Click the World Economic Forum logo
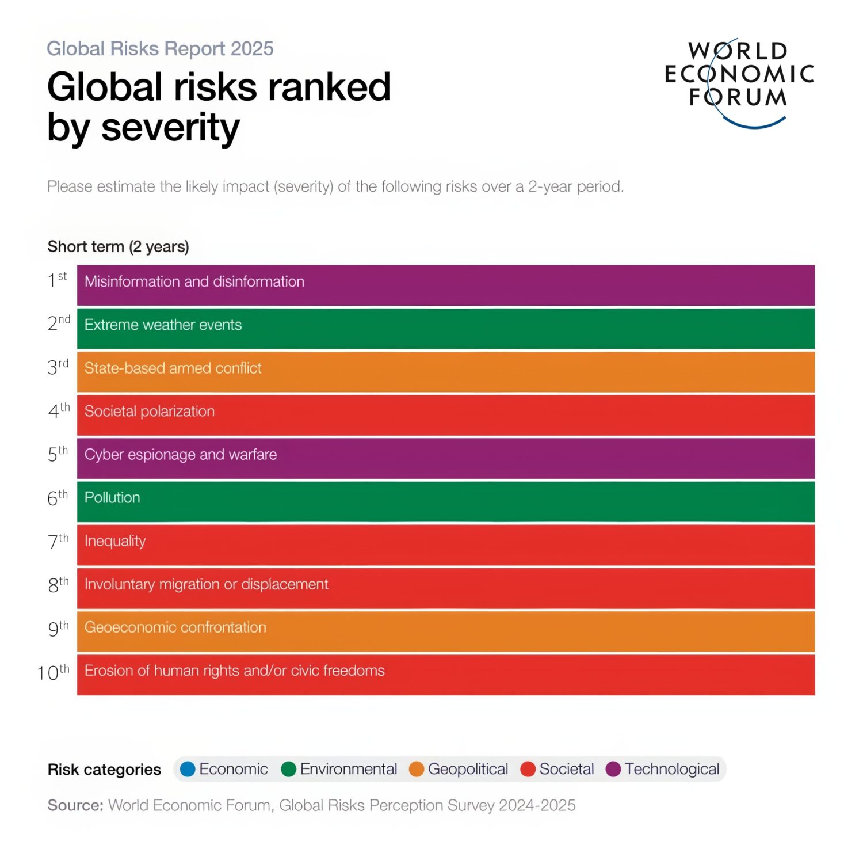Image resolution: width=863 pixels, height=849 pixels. (739, 82)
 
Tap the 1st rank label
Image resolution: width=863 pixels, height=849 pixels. (58, 279)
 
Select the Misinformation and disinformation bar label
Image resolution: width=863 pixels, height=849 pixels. (194, 281)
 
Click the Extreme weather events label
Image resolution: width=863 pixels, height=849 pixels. (163, 325)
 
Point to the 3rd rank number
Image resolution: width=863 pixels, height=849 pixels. (58, 366)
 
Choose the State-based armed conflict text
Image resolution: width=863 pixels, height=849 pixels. (173, 368)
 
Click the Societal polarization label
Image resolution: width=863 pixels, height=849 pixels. (150, 411)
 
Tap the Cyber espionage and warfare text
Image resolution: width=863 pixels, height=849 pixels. (181, 455)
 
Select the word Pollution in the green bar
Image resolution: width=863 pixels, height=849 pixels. (112, 497)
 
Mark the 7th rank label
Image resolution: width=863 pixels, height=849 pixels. (58, 541)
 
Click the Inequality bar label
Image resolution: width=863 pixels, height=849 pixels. (115, 541)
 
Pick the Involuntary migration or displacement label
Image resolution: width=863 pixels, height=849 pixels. (207, 584)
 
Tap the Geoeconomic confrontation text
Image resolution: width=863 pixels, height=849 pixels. (175, 627)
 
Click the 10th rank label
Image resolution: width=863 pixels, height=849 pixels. (53, 672)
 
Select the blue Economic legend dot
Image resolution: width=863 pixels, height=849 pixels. (188, 769)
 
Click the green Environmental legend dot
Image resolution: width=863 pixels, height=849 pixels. (289, 769)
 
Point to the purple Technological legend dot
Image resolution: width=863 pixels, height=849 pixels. (613, 769)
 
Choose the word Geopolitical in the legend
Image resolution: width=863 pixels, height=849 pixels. (468, 769)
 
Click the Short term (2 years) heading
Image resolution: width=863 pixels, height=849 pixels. (118, 247)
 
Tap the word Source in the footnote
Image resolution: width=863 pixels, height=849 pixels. (75, 805)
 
